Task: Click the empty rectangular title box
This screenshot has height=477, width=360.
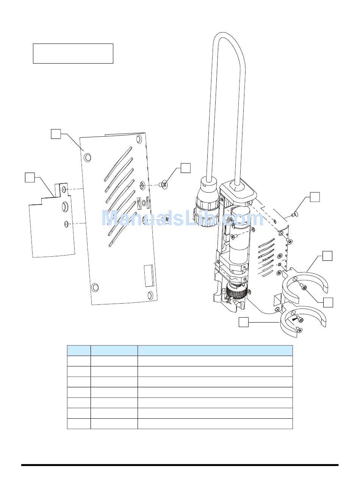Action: tap(73, 53)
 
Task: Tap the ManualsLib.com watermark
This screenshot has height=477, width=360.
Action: tap(183, 218)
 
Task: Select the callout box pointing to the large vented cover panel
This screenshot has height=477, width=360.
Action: tap(56, 134)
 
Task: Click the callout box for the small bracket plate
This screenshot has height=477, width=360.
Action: tap(30, 177)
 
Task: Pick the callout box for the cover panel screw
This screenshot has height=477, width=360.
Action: tap(186, 168)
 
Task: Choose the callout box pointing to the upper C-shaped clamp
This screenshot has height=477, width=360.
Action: tap(327, 256)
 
